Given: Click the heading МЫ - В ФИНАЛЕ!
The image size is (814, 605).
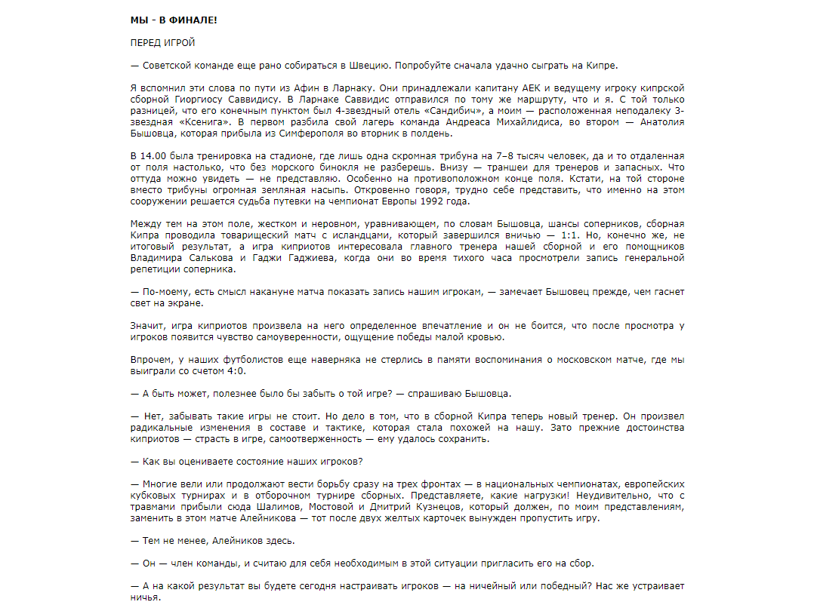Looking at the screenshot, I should (x=173, y=19).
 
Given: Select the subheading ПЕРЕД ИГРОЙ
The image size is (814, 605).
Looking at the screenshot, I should (x=162, y=43).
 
